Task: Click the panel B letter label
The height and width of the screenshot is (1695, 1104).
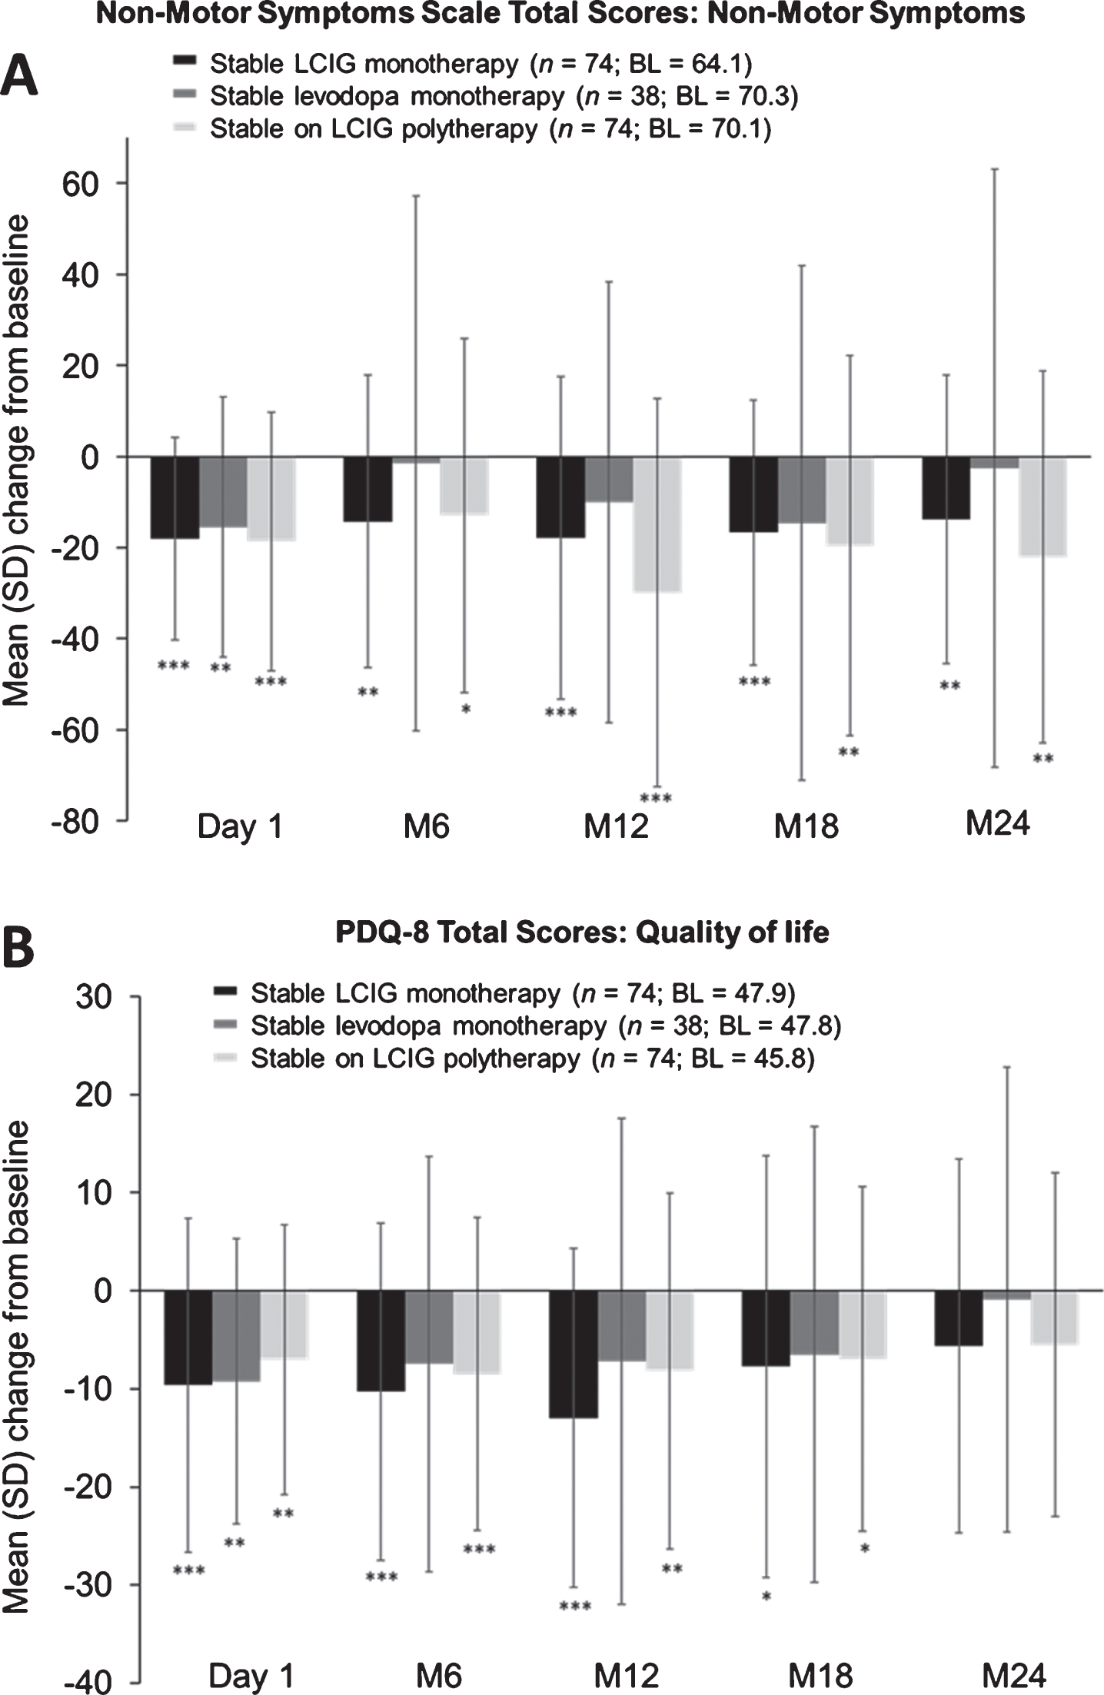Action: [20, 949]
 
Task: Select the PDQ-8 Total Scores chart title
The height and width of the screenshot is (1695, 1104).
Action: [582, 932]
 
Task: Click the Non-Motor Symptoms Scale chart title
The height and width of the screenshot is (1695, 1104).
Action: [560, 13]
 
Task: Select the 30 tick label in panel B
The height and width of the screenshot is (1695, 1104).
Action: [92, 997]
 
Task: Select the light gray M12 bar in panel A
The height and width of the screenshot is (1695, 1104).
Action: [657, 524]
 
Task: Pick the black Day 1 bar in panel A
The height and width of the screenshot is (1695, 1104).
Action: [175, 497]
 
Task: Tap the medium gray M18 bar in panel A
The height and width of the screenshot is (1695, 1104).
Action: [802, 490]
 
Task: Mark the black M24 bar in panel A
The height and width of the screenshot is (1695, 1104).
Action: [946, 488]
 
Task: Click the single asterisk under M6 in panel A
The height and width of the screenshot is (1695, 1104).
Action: [466, 709]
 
